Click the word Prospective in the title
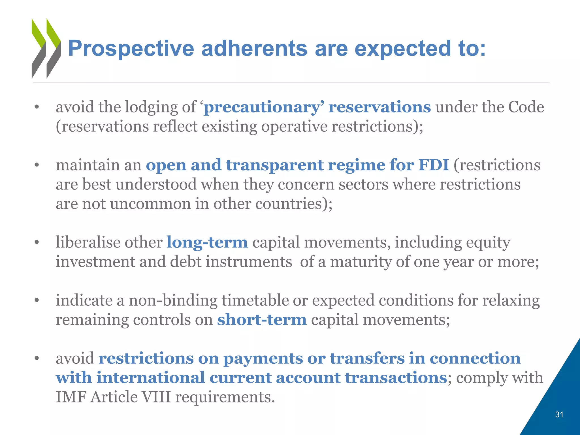point(131,49)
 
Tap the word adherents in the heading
point(254,49)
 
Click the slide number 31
point(559,415)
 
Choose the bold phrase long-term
point(207,242)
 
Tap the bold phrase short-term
point(262,320)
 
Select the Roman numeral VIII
point(156,397)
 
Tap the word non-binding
point(173,300)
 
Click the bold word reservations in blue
point(379,107)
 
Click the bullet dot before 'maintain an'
point(37,165)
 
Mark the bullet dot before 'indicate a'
point(37,300)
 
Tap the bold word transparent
point(274,165)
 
